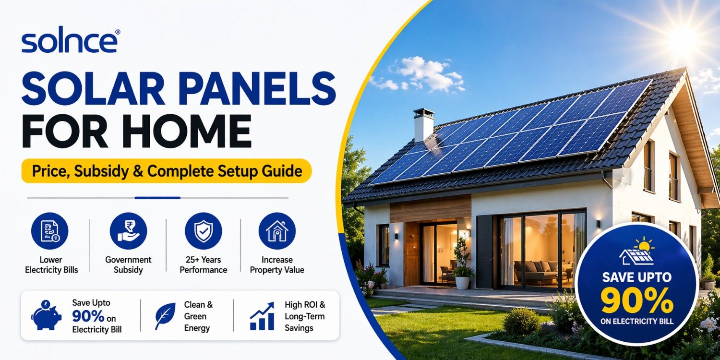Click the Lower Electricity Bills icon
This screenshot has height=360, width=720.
click(50, 231)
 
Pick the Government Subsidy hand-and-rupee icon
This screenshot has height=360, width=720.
click(128, 231)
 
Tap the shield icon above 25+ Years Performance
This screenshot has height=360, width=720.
click(204, 231)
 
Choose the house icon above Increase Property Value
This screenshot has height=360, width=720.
click(277, 231)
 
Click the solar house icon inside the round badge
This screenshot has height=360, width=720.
click(636, 252)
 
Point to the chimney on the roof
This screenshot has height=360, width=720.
click(424, 125)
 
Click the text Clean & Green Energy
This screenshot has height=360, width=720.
click(198, 316)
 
